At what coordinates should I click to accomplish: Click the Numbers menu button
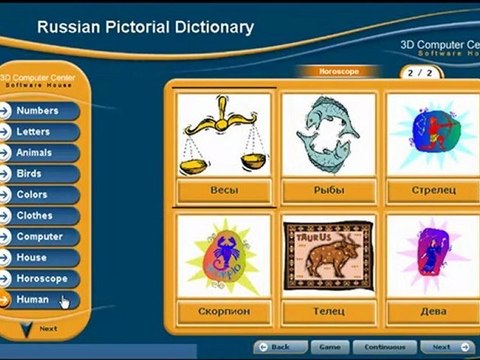click(x=46, y=110)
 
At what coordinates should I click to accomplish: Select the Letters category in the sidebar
click(x=46, y=131)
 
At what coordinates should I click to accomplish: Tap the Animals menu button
click(x=46, y=152)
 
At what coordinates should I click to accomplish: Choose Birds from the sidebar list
click(x=46, y=173)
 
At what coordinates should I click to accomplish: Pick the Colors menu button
click(x=46, y=194)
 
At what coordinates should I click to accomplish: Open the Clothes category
click(x=46, y=215)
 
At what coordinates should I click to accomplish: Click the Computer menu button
click(x=46, y=236)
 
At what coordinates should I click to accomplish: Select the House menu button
click(x=46, y=257)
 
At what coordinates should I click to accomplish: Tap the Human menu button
click(x=46, y=298)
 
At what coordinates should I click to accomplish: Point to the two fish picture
click(x=328, y=135)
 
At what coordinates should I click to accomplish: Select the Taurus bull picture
click(x=328, y=257)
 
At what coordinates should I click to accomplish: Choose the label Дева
click(x=433, y=311)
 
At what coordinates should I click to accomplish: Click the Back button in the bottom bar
click(x=279, y=346)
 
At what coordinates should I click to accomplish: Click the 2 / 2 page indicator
click(x=417, y=74)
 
